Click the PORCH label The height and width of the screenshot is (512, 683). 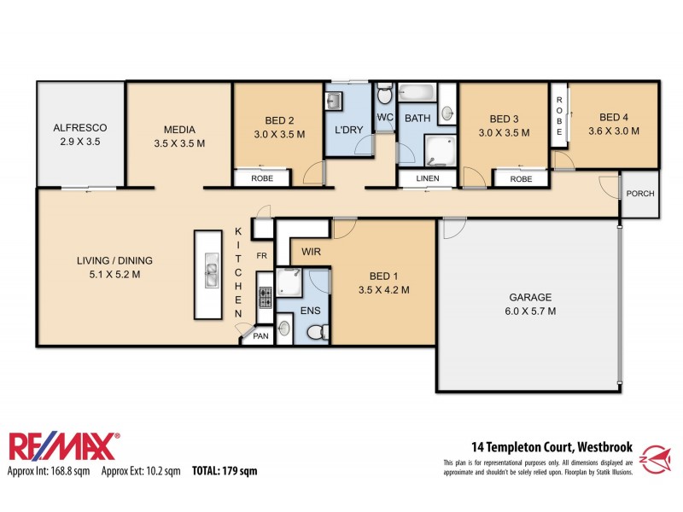[639, 194]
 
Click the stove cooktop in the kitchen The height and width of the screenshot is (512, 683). [265, 298]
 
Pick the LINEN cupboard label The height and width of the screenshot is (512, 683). [428, 179]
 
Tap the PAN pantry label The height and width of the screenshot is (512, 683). [259, 337]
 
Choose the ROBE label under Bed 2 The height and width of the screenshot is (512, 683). [262, 179]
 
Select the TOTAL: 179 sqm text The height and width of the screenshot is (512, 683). [224, 471]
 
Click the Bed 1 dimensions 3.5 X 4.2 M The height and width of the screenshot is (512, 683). [383, 290]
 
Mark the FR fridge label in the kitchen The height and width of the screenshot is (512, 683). [262, 256]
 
